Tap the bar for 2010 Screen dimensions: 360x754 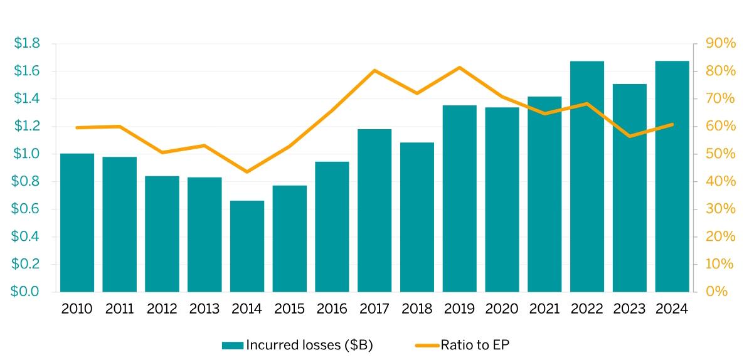tap(77, 223)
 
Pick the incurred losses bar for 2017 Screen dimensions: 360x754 tap(374, 210)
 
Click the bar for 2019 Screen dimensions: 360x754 tap(459, 198)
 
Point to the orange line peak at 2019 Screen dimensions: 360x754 tap(459, 67)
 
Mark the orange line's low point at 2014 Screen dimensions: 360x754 tap(247, 172)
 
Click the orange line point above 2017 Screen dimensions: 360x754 tap(374, 70)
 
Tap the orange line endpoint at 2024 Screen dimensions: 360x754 tap(672, 124)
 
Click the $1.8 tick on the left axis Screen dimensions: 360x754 tap(27, 43)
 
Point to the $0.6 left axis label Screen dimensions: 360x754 tap(27, 209)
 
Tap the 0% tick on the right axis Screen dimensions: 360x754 tap(717, 292)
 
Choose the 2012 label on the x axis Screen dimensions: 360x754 tap(162, 309)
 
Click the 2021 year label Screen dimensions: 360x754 tap(544, 309)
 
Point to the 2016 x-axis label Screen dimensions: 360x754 tap(332, 309)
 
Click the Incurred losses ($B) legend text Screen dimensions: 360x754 tap(309, 345)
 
